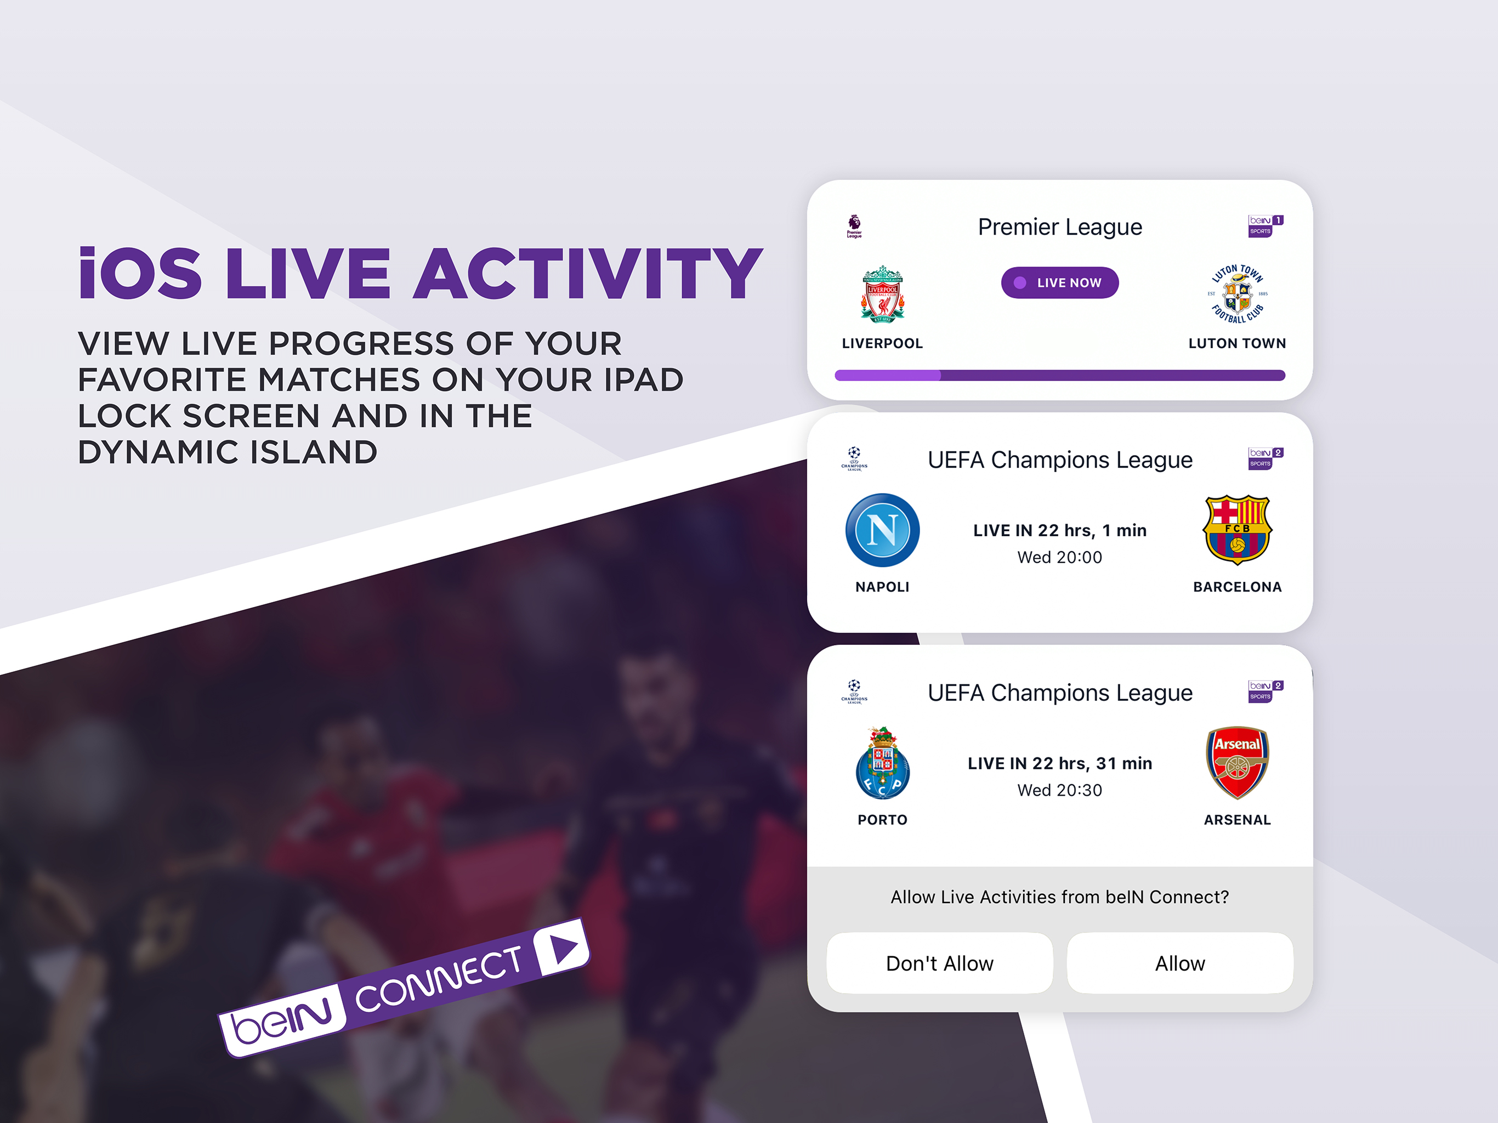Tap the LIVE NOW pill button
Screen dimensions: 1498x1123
pyautogui.click(x=1060, y=282)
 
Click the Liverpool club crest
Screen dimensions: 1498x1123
pyautogui.click(x=882, y=294)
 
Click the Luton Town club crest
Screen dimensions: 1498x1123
pyautogui.click(x=1237, y=294)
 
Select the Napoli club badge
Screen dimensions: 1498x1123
pyautogui.click(x=882, y=530)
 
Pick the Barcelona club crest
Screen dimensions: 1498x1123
pyautogui.click(x=1237, y=530)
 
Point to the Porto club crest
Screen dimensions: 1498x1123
pyautogui.click(x=882, y=763)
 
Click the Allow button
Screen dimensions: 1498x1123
pyautogui.click(x=1180, y=963)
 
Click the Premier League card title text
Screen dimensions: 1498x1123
pyautogui.click(x=1060, y=227)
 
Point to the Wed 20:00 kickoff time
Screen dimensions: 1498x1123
pyautogui.click(x=1060, y=558)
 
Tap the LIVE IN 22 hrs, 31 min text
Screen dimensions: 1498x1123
pyautogui.click(x=1060, y=763)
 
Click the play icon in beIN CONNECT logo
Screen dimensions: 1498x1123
pyautogui.click(x=562, y=947)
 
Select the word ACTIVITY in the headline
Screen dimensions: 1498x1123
pyautogui.click(x=588, y=273)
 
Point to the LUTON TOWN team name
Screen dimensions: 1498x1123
pyautogui.click(x=1237, y=343)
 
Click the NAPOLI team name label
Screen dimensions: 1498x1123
pyautogui.click(x=882, y=587)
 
